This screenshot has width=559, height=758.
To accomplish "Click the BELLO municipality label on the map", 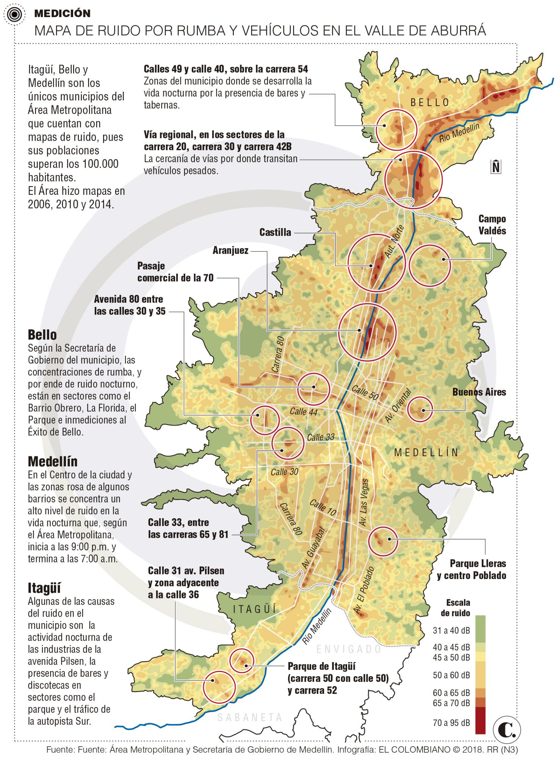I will tap(430, 102).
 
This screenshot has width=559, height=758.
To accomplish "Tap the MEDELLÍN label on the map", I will tap(426, 452).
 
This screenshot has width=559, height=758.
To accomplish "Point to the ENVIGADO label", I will tap(349, 649).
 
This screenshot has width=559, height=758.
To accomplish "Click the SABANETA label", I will tap(250, 717).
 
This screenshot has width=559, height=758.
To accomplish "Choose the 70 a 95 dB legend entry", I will tap(451, 723).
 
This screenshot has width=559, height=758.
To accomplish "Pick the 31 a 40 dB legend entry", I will tap(451, 630).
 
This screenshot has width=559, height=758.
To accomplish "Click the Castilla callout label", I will tap(275, 232).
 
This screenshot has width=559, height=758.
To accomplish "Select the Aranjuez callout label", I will tap(230, 250).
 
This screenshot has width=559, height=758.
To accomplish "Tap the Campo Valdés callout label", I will tap(492, 225).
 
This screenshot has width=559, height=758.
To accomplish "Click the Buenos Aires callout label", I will tap(479, 392).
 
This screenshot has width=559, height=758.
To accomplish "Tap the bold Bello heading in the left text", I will tap(42, 335).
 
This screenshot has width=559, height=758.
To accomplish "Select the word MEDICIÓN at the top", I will tap(62, 14).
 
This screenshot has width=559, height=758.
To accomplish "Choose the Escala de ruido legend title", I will tap(458, 608).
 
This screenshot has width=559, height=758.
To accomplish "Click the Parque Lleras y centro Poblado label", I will tap(471, 569).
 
